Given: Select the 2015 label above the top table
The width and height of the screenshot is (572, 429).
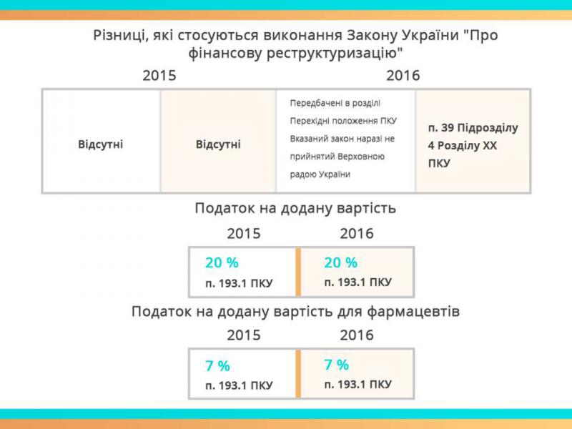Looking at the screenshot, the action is point(159,76).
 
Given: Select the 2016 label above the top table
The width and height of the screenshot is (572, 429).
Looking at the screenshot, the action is point(403,76).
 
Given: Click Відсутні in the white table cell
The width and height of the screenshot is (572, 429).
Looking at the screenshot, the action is point(100,144).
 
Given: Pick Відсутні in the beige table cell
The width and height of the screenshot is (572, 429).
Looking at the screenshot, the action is point(218,144).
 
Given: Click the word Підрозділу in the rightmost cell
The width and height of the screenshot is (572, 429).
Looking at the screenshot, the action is point(488,129).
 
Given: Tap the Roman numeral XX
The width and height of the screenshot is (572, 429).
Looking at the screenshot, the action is point(490,146).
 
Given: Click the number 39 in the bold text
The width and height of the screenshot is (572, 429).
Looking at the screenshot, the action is point(448,128).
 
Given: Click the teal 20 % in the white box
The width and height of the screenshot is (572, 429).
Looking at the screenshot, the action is point(222,262).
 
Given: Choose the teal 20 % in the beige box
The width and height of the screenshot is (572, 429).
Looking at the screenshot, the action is point(341,262).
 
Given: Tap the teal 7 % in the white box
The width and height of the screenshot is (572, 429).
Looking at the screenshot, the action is point(218,365).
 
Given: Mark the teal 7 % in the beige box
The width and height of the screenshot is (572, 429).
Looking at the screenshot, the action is point(337,365).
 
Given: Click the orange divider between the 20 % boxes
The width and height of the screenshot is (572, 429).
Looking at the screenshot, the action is point(298,272).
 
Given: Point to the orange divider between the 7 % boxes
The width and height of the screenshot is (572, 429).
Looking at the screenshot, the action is point(298,373).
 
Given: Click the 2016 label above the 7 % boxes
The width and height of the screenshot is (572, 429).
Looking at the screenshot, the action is point(357,335).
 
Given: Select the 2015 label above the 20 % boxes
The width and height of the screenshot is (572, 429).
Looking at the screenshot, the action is point(244,234).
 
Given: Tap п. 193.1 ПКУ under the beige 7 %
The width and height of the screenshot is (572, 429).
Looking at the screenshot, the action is point(358,384).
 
